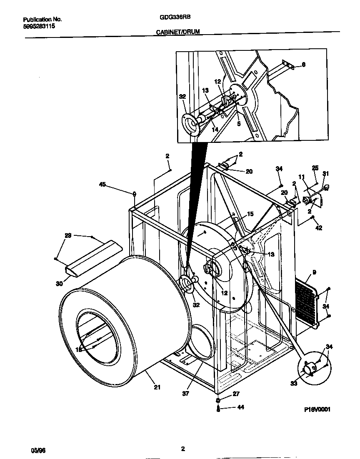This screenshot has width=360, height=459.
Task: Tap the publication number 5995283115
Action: tap(38, 26)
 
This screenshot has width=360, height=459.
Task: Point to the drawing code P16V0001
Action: tap(317, 409)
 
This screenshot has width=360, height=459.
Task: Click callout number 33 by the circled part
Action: tap(294, 383)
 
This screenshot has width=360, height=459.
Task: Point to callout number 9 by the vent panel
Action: tap(314, 272)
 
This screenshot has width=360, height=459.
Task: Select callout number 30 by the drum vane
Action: tap(59, 284)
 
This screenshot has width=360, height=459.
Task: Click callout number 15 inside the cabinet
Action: tap(250, 214)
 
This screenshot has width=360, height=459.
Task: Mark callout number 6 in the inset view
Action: tap(303, 65)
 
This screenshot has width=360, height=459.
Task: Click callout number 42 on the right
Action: tap(319, 228)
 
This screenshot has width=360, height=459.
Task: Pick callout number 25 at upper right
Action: tap(315, 168)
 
